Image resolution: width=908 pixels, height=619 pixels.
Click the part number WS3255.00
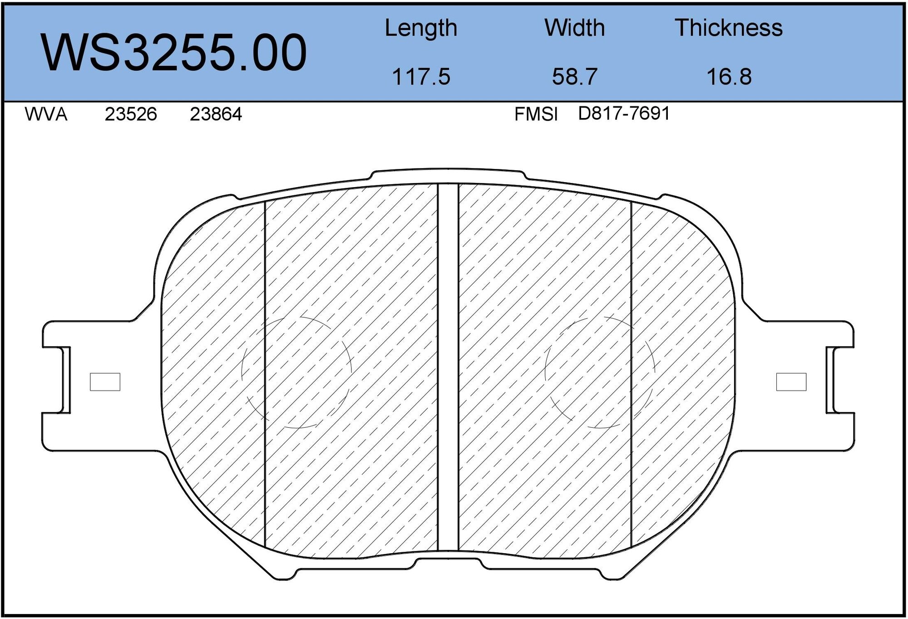[x=174, y=53]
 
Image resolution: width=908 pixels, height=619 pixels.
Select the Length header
[x=421, y=28]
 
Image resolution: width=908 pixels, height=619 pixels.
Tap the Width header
[x=574, y=28]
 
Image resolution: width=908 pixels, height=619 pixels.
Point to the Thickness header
[x=729, y=28]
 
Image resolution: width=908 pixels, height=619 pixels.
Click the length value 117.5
[x=421, y=76]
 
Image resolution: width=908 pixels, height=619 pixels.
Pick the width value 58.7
[x=574, y=76]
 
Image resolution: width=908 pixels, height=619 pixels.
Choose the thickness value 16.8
[x=729, y=76]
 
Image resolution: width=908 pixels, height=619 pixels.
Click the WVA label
[x=46, y=114]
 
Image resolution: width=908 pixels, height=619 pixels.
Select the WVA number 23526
[x=131, y=114]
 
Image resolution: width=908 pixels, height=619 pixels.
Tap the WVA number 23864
[x=216, y=114]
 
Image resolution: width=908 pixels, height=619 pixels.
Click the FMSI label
[x=536, y=114]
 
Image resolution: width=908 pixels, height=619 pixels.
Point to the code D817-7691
[x=624, y=114]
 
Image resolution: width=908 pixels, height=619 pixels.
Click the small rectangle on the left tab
[x=105, y=382]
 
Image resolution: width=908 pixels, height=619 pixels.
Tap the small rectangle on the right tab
[x=791, y=382]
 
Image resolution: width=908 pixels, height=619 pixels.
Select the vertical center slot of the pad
[x=448, y=368]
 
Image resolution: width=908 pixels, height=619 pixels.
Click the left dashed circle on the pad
[x=297, y=372]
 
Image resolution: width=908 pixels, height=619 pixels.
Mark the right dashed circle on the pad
[x=600, y=372]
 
